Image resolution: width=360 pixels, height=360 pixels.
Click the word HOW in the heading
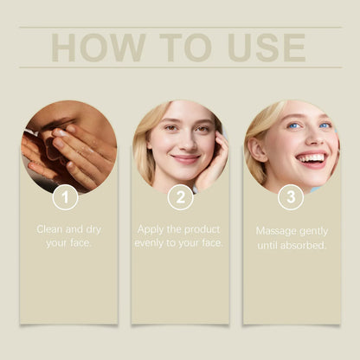click(x=89, y=48)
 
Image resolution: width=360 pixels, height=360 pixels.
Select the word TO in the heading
click(x=184, y=48)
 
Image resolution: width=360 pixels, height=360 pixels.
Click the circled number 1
click(x=66, y=197)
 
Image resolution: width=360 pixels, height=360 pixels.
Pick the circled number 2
click(x=180, y=197)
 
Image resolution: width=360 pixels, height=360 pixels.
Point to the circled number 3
click(x=290, y=197)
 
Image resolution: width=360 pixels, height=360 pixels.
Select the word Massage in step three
click(x=276, y=231)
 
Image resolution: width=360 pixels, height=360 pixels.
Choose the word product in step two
click(x=200, y=229)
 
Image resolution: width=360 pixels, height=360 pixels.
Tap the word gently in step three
click(x=312, y=231)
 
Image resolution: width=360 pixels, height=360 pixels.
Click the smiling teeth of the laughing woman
click(x=311, y=157)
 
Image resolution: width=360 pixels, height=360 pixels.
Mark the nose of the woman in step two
click(x=184, y=145)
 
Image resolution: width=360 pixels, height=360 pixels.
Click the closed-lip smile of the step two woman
click(x=184, y=159)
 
